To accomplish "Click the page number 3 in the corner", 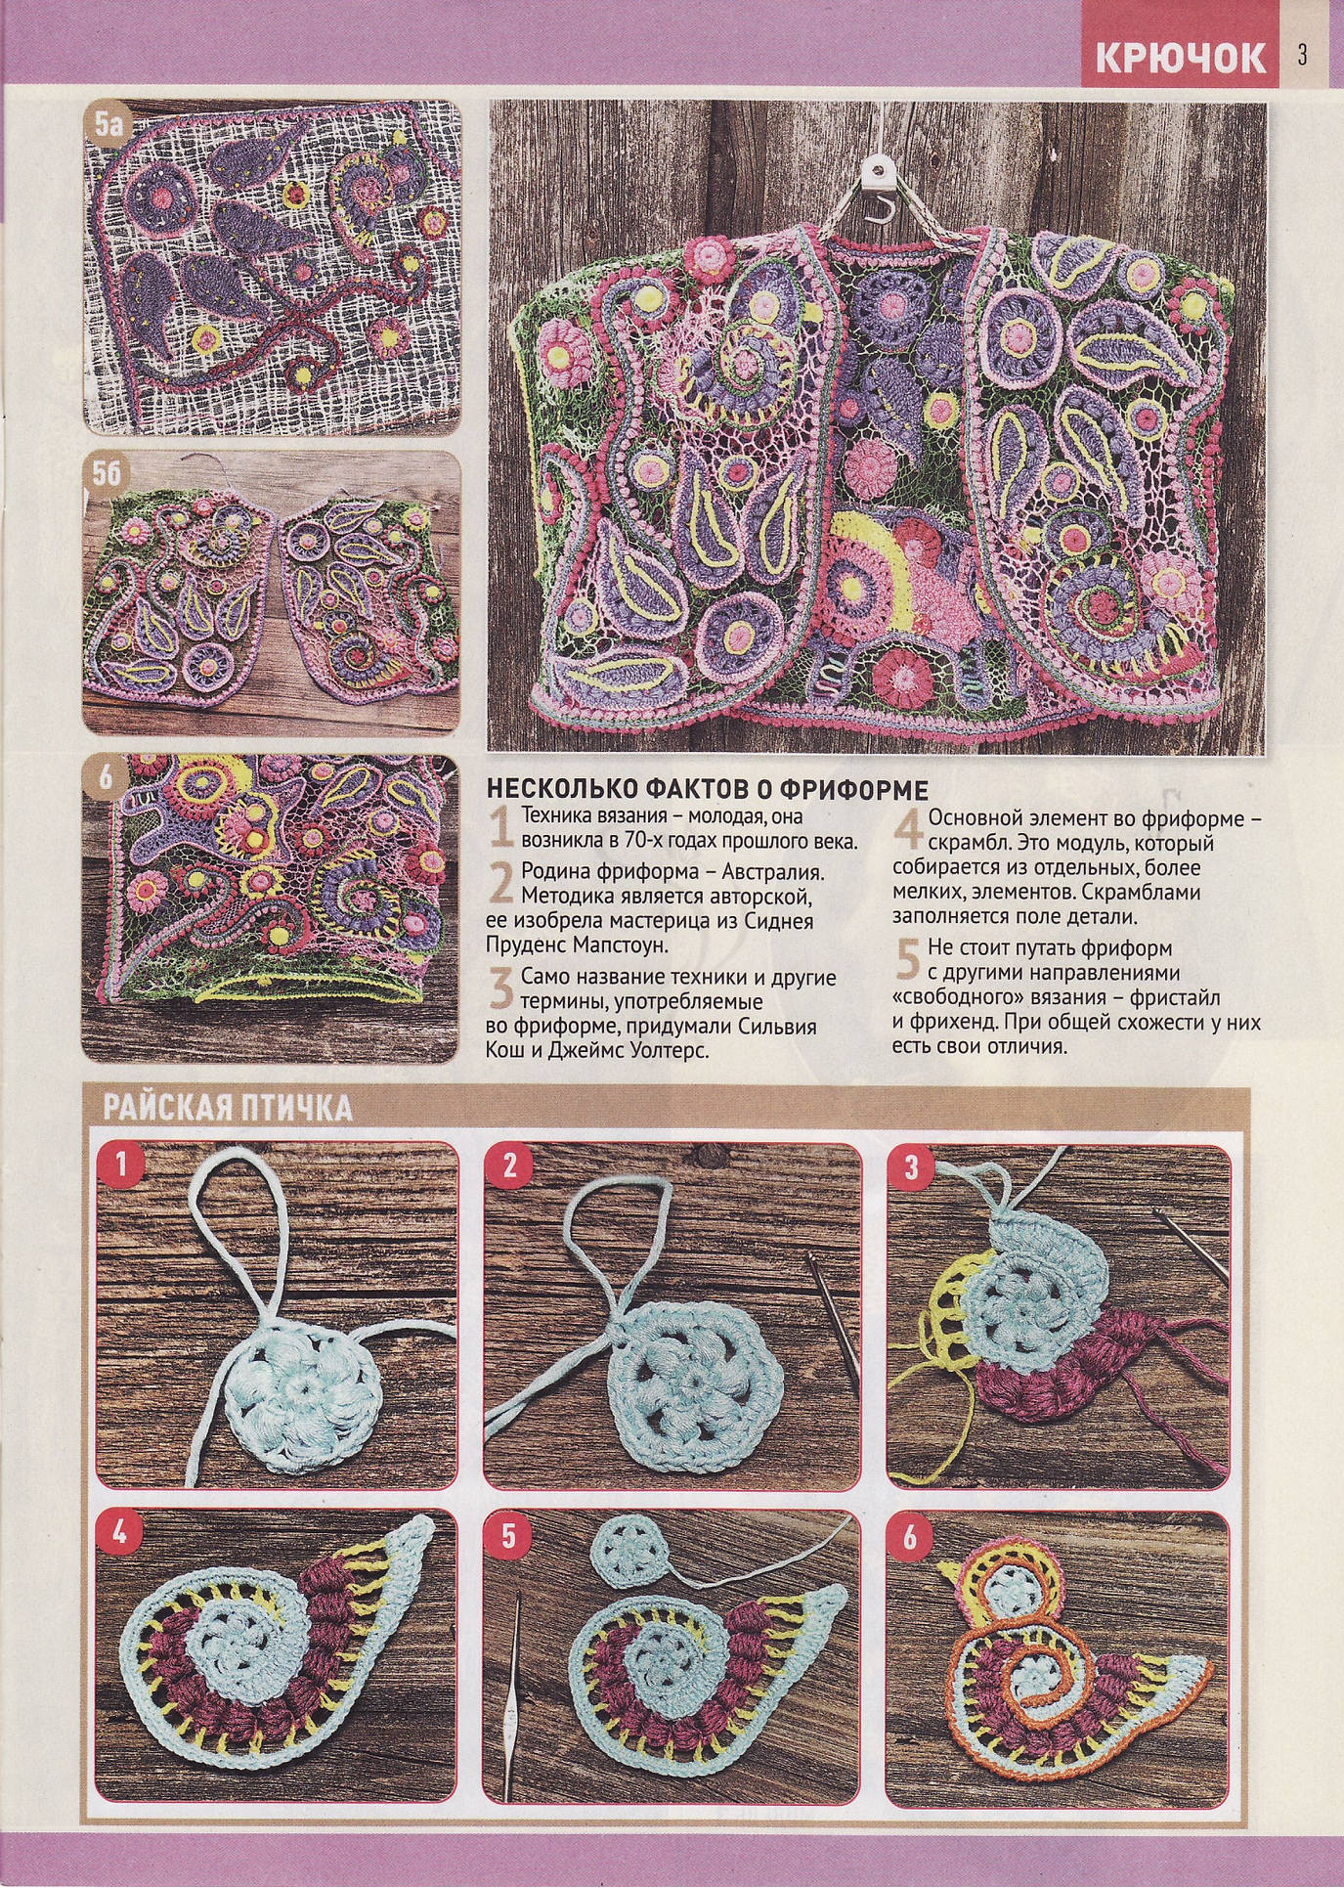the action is [x=1302, y=55].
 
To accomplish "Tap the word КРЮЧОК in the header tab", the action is [x=1180, y=58].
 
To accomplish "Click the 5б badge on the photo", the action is [x=109, y=473].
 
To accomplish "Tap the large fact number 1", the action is [x=501, y=828].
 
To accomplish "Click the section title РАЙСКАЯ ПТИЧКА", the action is [x=228, y=1108].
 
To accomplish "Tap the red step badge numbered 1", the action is [x=121, y=1164].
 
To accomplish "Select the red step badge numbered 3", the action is [x=911, y=1167].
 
